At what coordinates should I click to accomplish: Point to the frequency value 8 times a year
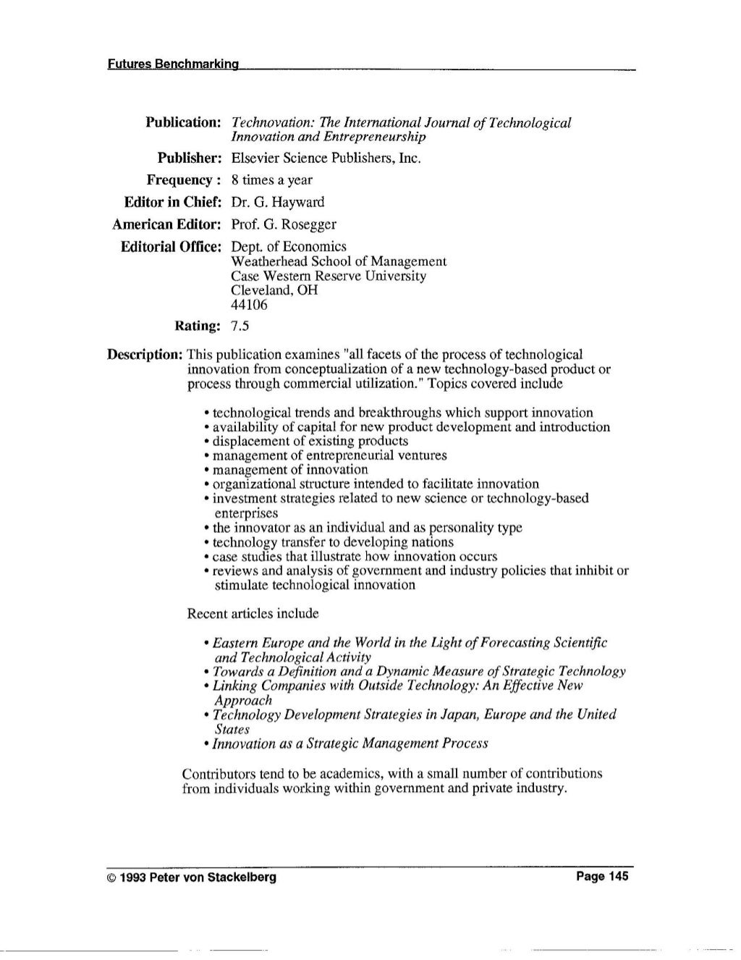[271, 180]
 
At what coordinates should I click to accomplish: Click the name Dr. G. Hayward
[278, 201]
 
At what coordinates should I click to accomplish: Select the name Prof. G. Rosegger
[284, 224]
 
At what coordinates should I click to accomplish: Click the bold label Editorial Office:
[170, 247]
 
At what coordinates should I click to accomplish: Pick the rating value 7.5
[240, 327]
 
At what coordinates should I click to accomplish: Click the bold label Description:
[144, 355]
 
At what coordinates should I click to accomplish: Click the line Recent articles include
[253, 613]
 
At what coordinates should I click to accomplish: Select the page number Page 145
[603, 877]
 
